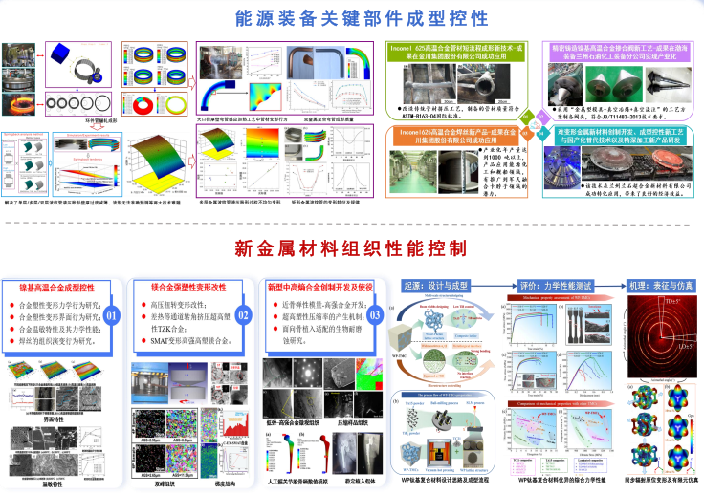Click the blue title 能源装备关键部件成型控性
tap(351, 17)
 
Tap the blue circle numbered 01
tap(113, 314)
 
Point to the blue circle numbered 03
tap(374, 314)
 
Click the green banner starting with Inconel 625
tap(460, 51)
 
